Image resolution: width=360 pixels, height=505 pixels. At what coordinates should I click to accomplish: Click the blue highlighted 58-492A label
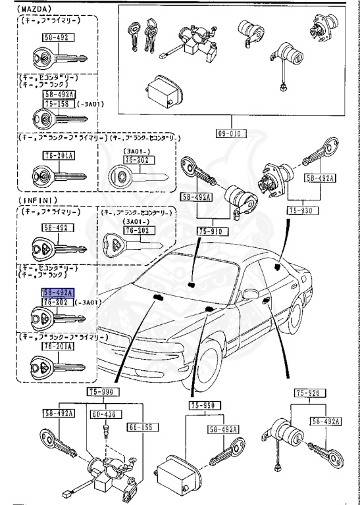click(x=58, y=293)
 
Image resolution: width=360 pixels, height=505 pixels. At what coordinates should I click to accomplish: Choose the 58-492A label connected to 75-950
click(x=223, y=429)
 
